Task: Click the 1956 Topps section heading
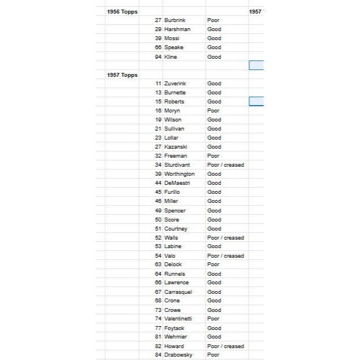tap(122, 11)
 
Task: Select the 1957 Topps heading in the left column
tap(122, 75)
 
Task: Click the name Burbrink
tap(176, 20)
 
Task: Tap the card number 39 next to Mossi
tap(158, 38)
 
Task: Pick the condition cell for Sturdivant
tap(225, 165)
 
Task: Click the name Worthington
tap(179, 174)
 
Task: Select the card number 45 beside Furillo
tap(158, 192)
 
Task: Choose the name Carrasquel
tap(178, 292)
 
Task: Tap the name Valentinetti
tap(178, 319)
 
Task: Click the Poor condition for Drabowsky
tap(214, 355)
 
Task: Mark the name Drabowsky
tap(177, 355)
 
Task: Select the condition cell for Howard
tap(225, 346)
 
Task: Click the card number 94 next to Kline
tap(158, 57)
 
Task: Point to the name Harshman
tap(177, 29)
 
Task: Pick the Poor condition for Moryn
tap(214, 111)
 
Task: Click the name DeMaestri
tap(177, 183)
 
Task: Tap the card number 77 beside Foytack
tap(158, 328)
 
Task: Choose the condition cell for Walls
tap(225, 237)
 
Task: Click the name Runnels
tap(175, 274)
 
